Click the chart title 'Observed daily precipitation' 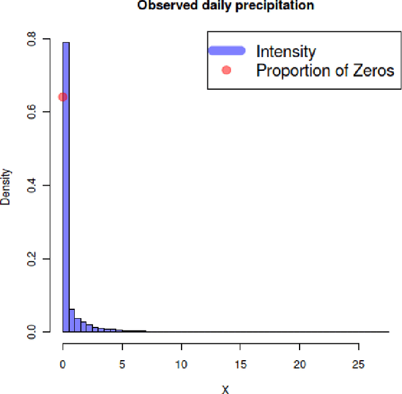pos(225,6)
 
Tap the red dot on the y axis pos(63,97)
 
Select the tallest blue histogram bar pos(66,188)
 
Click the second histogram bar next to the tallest pos(72,320)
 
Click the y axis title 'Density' pos(6,186)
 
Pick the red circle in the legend pos(226,70)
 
